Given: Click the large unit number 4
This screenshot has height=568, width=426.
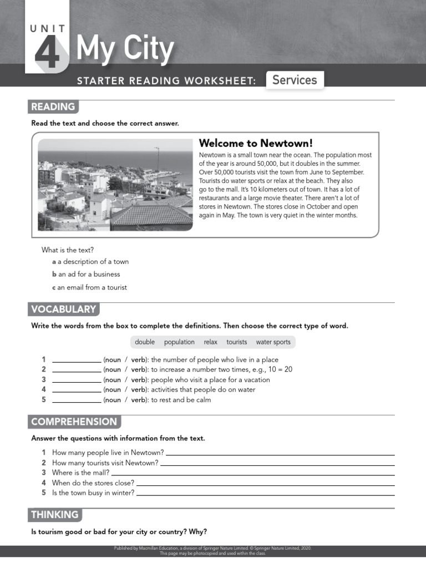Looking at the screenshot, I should [x=47, y=53].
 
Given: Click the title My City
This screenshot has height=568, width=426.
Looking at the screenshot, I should [x=125, y=49].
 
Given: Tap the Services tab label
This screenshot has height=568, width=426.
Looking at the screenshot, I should [x=295, y=80].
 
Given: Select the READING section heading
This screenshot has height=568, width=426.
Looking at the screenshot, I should [x=53, y=107].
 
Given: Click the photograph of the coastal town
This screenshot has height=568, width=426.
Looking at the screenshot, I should [x=115, y=184].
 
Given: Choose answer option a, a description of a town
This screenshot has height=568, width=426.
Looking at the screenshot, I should [x=90, y=261].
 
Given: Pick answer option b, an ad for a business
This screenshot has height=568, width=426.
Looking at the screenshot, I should [x=86, y=274].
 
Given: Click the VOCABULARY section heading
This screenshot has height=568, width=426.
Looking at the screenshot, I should [x=64, y=310].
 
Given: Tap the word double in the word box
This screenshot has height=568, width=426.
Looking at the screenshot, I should [x=145, y=342].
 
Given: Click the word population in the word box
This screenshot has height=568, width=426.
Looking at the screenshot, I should [x=179, y=342].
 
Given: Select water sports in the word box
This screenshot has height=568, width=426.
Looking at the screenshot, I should [x=273, y=342].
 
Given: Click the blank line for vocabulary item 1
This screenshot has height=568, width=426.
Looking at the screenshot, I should [x=77, y=361].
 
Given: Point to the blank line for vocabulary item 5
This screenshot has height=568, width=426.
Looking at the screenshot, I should [x=77, y=400].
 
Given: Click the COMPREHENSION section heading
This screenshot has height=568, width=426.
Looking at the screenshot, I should [x=74, y=422].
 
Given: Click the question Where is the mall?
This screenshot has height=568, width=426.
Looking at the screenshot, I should [x=80, y=473].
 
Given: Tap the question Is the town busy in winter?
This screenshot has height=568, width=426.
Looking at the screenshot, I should [x=93, y=493].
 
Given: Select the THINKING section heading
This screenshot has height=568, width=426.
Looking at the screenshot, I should [x=55, y=515].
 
